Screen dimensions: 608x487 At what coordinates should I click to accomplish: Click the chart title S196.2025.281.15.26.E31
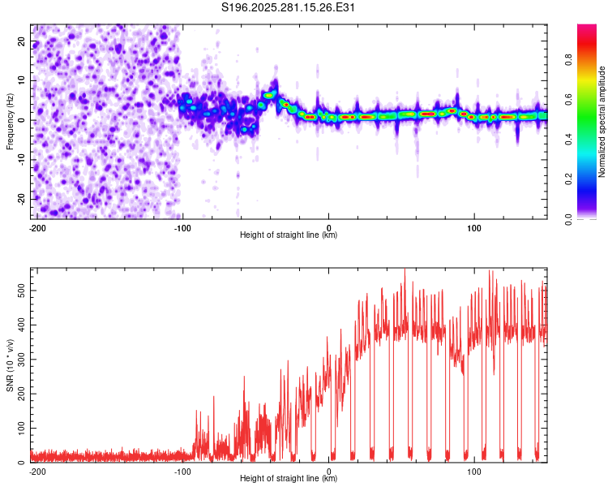288,7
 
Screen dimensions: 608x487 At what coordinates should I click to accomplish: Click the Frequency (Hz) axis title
10,122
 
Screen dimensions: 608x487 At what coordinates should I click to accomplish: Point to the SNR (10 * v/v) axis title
10,365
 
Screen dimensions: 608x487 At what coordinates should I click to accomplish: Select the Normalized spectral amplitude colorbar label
602,122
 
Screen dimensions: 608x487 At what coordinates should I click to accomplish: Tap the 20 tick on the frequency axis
21,41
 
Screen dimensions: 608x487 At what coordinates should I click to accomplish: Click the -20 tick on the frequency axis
21,199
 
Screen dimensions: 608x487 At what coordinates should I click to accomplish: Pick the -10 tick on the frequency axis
21,160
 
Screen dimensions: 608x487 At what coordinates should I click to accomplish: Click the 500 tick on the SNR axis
21,291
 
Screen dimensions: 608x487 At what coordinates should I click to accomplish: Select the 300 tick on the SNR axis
21,360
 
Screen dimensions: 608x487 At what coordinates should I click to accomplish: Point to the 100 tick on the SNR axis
21,428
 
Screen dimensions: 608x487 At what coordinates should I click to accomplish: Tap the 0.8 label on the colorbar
569,60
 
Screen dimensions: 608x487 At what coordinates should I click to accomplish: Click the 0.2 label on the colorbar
569,179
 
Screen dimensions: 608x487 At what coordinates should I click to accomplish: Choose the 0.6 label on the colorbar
569,99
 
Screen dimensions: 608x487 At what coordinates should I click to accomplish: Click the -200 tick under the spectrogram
37,228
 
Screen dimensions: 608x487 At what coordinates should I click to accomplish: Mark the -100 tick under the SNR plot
182,472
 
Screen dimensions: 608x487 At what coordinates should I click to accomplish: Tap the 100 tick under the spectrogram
474,228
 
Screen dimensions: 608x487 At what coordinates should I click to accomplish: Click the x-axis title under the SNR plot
289,478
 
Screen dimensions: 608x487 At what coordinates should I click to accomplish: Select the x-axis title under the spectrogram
289,235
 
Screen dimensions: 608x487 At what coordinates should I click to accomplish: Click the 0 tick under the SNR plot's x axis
328,472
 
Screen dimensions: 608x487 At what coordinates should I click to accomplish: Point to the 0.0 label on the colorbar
569,219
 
